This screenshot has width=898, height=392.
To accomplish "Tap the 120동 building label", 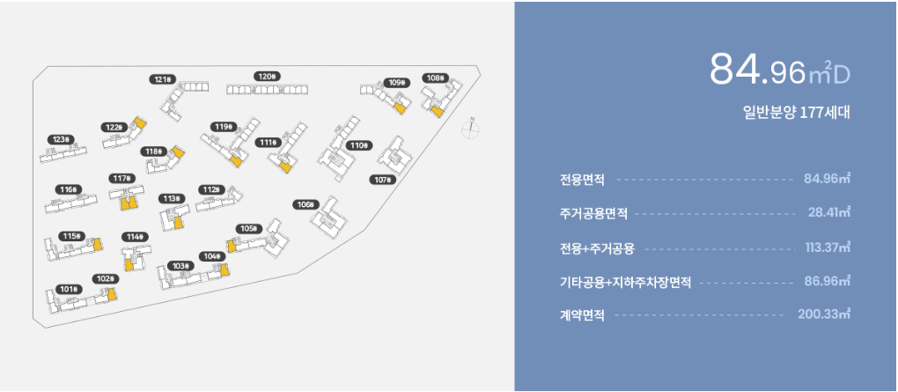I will pos(267,77).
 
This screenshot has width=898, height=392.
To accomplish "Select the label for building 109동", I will pos(398,83).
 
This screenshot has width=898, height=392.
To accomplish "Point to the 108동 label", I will pos(435,78).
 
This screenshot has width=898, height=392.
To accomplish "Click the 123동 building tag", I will pos(62,139).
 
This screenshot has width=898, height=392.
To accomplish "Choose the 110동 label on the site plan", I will pos(358,145).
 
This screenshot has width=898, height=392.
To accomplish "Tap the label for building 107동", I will pos(383,180).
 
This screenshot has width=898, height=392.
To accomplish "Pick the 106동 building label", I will pos(305,204).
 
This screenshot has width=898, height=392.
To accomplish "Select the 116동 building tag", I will pos(69,189).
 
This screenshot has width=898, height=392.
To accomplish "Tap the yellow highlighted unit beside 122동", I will pos(138,124).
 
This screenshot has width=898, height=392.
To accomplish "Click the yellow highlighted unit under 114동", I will pos(129,263).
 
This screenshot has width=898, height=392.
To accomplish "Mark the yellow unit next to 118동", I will pos(177,153).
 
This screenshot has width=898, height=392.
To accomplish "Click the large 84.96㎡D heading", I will pos(779,70).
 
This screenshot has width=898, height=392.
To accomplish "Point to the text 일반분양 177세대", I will pos(795,113).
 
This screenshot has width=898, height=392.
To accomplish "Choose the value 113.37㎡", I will pos(827,247).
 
